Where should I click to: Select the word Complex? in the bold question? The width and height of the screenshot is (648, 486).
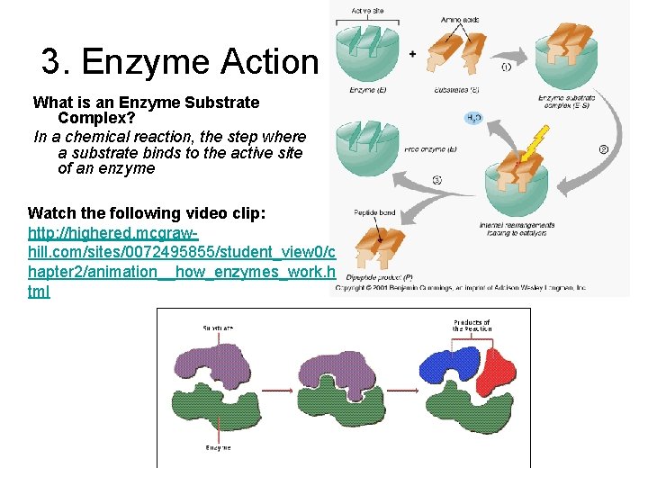tap(96, 118)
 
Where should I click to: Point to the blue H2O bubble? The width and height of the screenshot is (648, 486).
tap(472, 118)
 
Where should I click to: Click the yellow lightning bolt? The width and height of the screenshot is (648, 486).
tap(537, 141)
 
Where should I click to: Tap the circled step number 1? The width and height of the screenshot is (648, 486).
tap(508, 67)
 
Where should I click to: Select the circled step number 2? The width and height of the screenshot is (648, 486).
tap(604, 148)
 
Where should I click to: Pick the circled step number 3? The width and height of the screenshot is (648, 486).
tap(436, 179)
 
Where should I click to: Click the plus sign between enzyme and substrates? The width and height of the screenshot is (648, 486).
tap(412, 54)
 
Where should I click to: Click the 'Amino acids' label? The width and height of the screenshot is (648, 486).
tap(459, 19)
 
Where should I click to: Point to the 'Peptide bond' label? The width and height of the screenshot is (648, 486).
tap(373, 213)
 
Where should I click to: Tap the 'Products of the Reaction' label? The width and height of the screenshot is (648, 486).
tap(472, 325)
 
